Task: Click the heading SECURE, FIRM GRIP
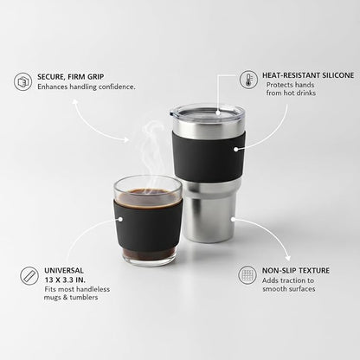[71, 77]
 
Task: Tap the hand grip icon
[22, 82]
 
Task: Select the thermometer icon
[248, 80]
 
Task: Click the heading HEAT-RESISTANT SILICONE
[308, 75]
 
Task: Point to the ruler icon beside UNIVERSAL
[29, 276]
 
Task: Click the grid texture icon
[247, 275]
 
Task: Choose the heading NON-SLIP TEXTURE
[296, 271]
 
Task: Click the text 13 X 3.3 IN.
[65, 280]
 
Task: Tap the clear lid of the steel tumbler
[207, 111]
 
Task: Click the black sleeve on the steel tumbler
[209, 156]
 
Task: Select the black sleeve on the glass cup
[148, 225]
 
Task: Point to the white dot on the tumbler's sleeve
[236, 149]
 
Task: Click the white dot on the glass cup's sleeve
[120, 219]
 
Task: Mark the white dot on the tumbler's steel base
[233, 219]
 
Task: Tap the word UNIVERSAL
[64, 271]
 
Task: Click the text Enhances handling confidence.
[87, 87]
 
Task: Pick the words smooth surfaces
[289, 289]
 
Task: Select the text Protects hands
[290, 85]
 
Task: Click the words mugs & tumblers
[71, 298]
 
